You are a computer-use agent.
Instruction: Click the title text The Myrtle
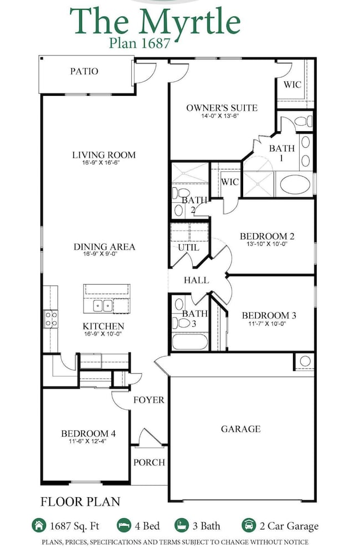click(155, 22)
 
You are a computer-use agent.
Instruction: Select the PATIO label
click(84, 71)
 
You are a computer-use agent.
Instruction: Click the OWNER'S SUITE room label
click(222, 108)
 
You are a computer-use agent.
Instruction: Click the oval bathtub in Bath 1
click(295, 184)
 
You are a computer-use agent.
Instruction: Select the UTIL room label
click(188, 248)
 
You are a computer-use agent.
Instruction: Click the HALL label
click(196, 280)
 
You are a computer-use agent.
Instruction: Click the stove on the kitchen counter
click(50, 318)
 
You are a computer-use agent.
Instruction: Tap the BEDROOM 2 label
click(267, 236)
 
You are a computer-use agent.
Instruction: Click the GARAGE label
click(241, 429)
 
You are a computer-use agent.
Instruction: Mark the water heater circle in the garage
click(305, 362)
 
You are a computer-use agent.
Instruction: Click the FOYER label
click(149, 399)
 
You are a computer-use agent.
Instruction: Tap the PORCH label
click(149, 462)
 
